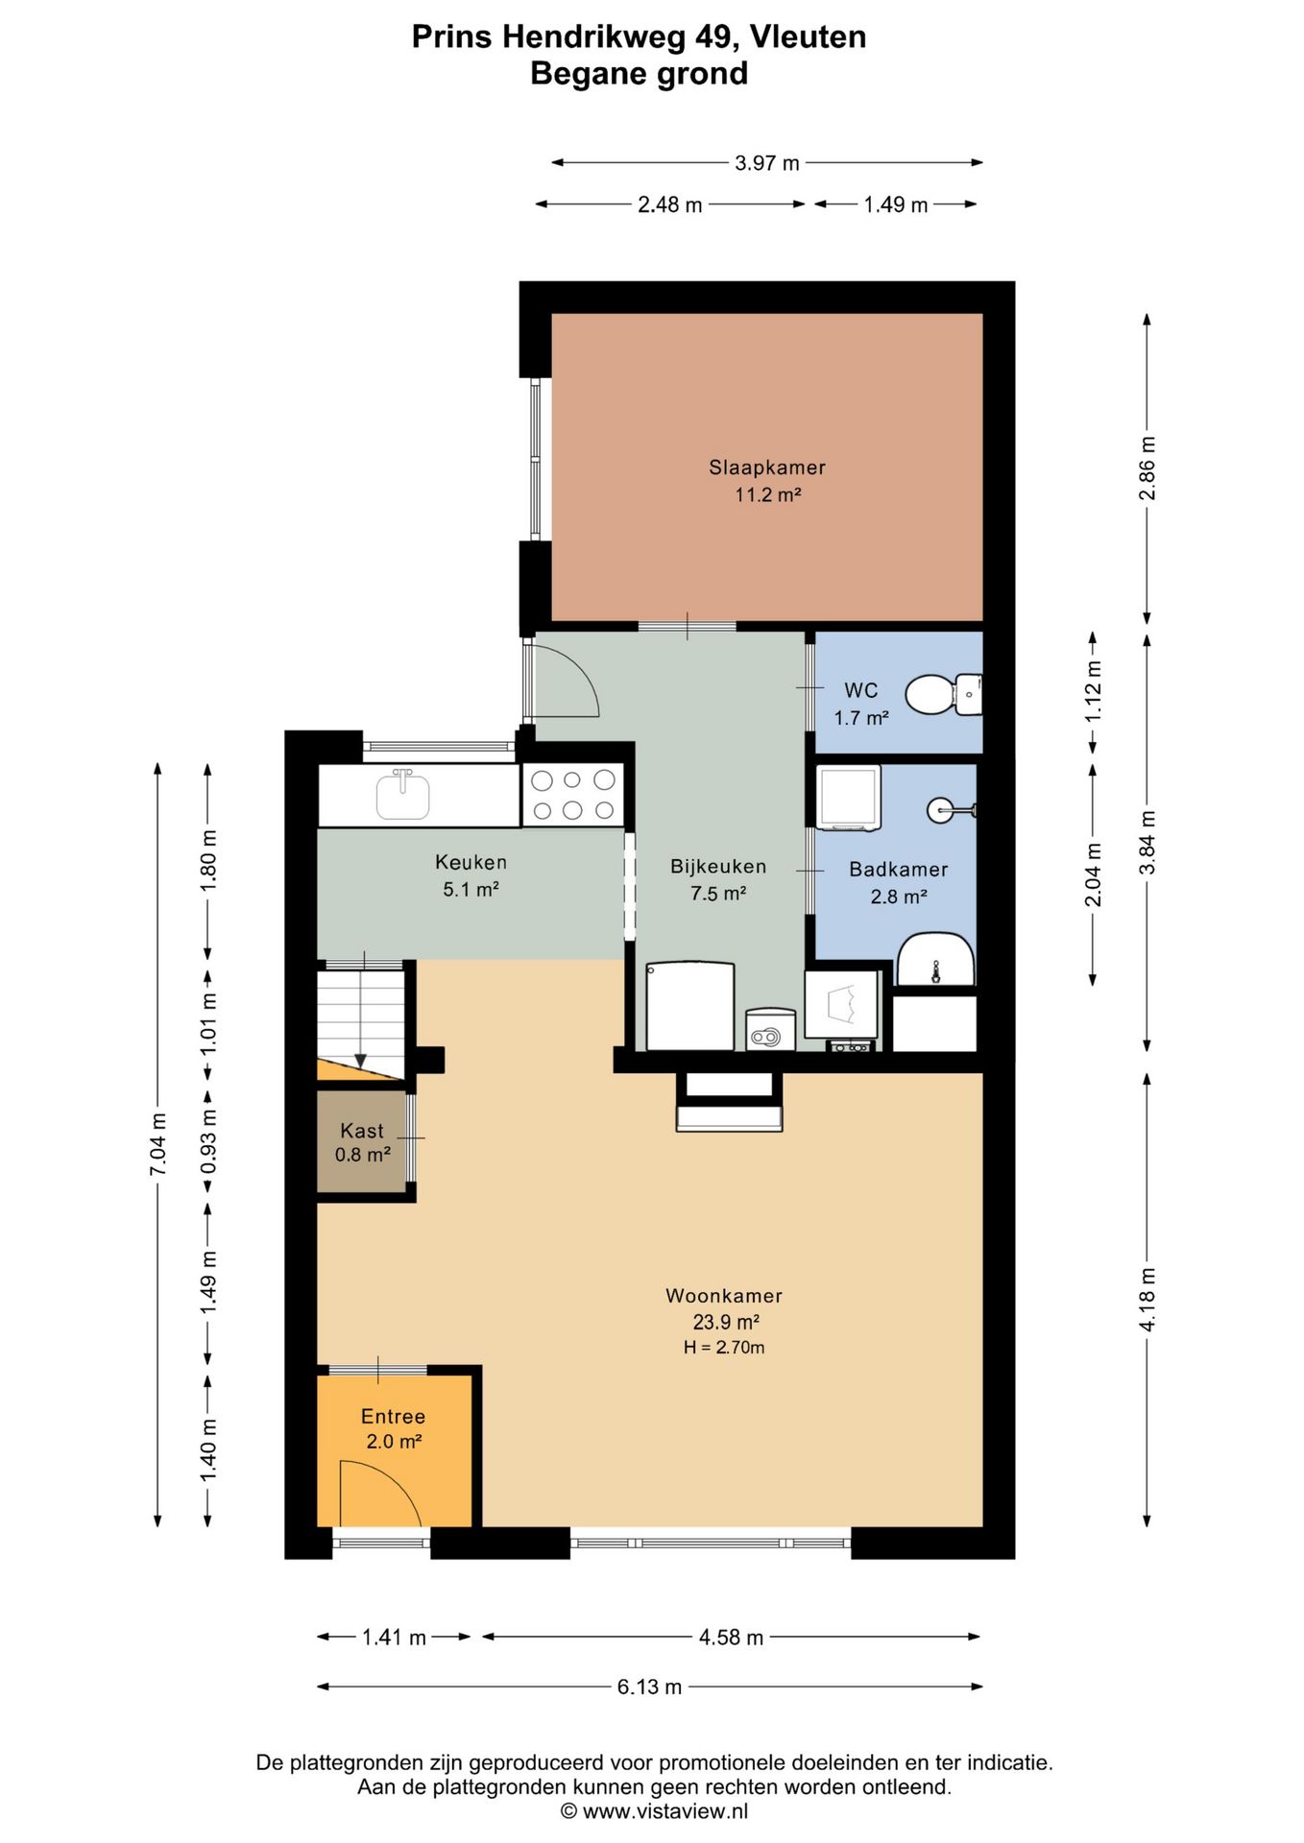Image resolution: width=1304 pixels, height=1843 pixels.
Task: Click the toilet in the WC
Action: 944,694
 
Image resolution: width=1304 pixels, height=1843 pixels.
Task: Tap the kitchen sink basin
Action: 402,796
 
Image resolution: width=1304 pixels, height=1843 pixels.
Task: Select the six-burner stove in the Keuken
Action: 573,795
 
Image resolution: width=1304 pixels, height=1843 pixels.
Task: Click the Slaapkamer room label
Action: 767,467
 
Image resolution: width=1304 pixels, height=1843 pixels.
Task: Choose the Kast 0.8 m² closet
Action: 362,1142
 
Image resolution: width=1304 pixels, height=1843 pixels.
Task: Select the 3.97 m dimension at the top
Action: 767,163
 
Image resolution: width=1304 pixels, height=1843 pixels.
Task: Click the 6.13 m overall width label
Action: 649,1687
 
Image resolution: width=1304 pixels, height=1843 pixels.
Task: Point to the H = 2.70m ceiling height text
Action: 724,1348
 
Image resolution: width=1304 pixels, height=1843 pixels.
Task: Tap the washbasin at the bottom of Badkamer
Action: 935,959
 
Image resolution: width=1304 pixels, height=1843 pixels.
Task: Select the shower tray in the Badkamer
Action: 849,797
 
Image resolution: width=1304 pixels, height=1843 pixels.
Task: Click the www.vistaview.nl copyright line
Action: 654,1811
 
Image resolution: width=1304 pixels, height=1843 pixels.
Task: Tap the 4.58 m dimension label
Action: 731,1637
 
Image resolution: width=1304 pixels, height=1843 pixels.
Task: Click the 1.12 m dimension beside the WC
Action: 1093,692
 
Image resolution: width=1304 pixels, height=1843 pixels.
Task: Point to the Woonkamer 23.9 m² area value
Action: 727,1322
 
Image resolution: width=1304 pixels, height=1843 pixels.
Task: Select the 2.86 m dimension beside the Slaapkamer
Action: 1147,467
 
